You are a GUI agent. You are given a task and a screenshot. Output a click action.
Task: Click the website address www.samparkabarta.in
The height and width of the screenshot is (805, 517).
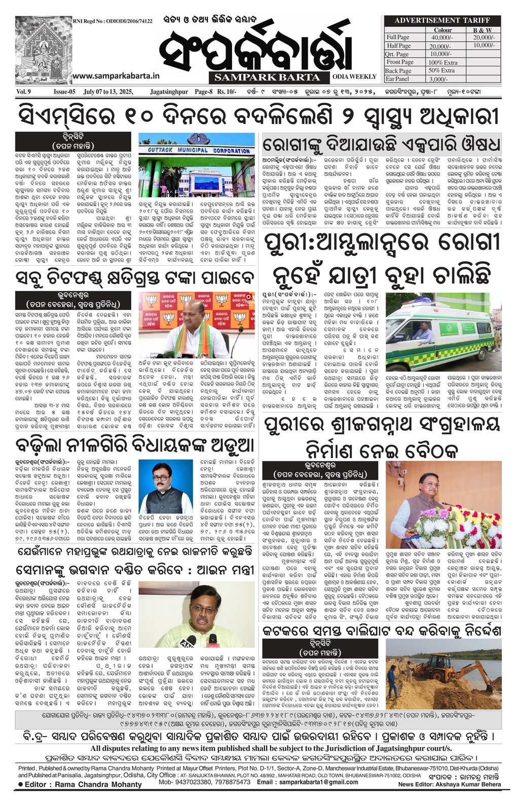point(116,76)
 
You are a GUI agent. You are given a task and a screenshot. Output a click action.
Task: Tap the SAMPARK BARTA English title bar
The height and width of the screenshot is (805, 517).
point(267,77)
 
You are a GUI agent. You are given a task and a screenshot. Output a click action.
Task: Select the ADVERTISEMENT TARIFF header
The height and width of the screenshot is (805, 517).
point(442,20)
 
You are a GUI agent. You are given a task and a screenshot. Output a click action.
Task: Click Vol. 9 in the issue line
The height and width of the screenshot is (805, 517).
point(23,92)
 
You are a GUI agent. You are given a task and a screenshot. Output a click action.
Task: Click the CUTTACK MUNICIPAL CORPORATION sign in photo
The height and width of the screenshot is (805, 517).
point(199,150)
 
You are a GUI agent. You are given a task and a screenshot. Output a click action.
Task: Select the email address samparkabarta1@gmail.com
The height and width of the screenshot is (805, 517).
point(318,782)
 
